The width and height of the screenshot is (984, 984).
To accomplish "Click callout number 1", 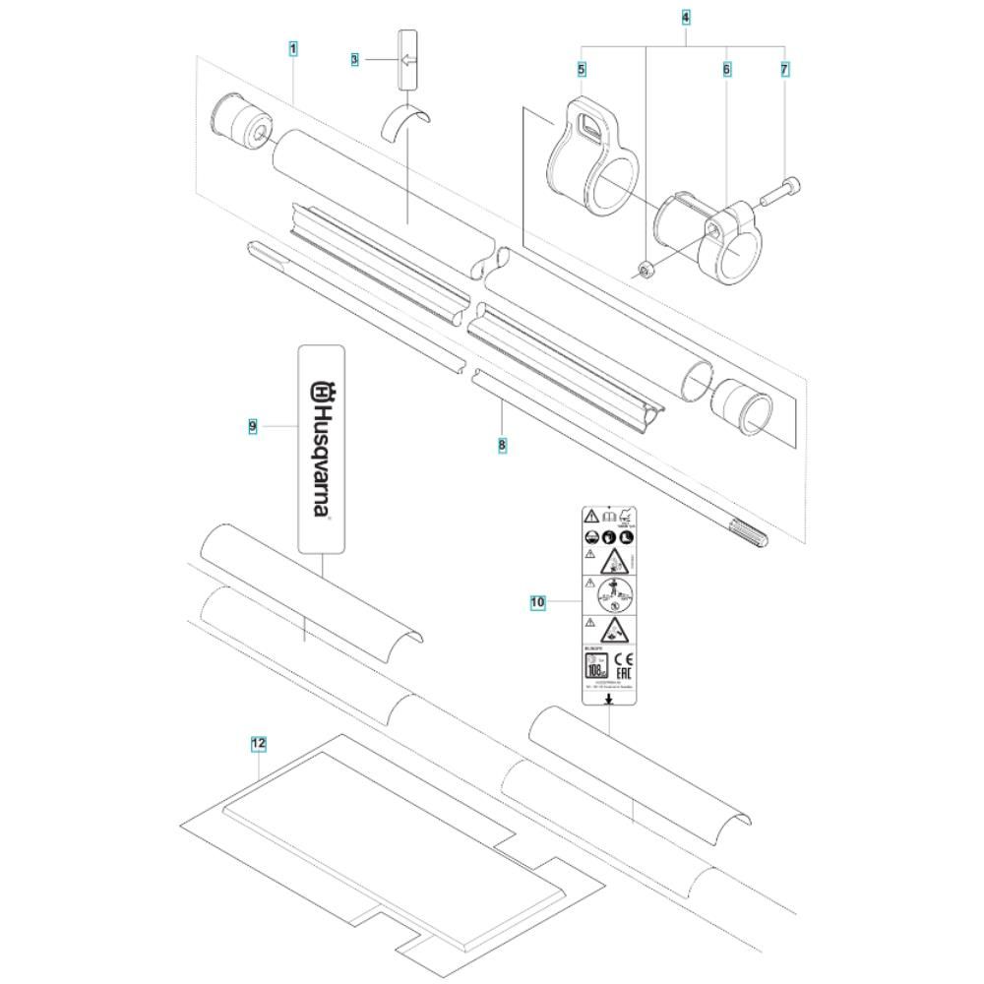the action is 293,47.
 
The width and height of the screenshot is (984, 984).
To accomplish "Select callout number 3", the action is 354,60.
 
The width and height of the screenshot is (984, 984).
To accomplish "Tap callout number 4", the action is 685,17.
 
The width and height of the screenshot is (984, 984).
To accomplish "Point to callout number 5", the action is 582,70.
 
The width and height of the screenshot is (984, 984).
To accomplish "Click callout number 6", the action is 726,70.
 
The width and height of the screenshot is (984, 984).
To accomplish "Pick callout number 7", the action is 784,70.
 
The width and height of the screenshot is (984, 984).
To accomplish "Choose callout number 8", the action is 503,445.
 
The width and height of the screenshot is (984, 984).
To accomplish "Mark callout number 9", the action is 253,425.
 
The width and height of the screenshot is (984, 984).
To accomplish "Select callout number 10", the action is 537,600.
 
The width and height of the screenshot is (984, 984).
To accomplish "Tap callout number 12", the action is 258,745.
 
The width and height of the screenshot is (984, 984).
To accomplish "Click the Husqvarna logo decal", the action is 322,448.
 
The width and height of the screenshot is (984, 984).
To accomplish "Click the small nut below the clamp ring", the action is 644,270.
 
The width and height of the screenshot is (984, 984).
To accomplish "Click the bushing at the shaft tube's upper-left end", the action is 240,123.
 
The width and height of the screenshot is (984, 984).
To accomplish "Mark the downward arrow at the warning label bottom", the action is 609,698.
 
